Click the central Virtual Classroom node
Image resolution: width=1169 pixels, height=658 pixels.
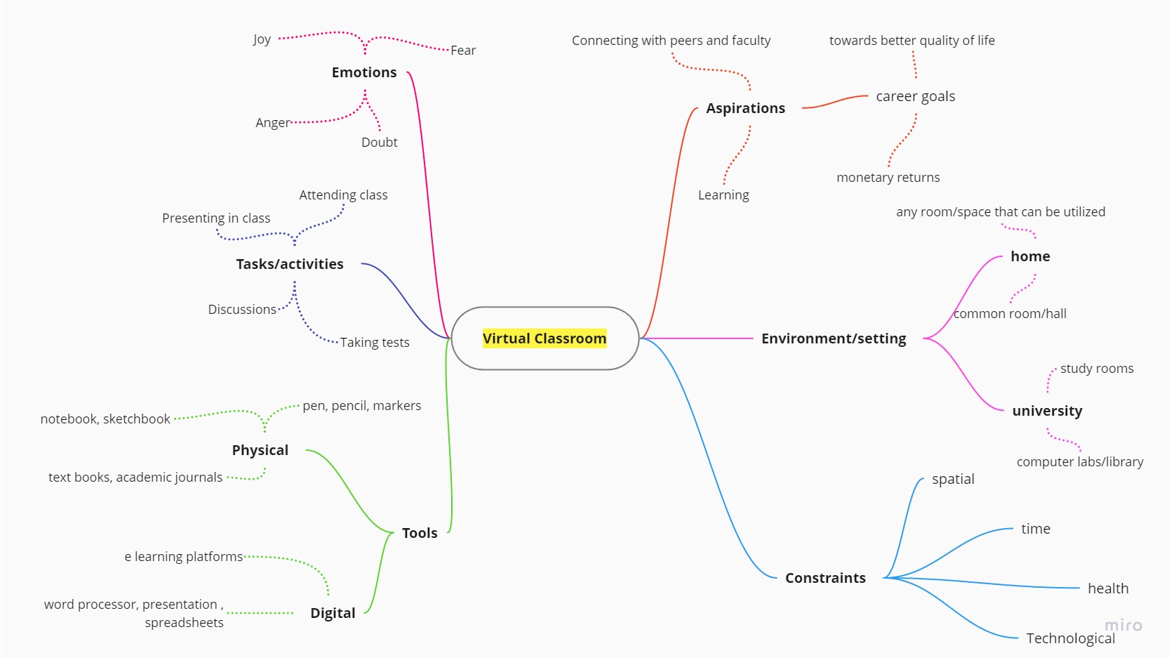(x=545, y=338)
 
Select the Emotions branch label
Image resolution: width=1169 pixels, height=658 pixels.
(x=364, y=72)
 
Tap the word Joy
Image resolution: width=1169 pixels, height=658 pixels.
(x=262, y=39)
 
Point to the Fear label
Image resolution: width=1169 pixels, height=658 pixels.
(x=463, y=51)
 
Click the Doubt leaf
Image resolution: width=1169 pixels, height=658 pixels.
(x=379, y=143)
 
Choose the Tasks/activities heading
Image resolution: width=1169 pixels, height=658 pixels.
(x=290, y=264)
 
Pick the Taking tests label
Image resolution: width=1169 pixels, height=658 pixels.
(x=375, y=343)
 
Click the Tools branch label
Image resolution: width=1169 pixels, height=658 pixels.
(x=420, y=533)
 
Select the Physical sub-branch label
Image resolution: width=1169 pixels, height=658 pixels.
(x=260, y=450)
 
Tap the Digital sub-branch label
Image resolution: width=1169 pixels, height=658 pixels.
(x=333, y=613)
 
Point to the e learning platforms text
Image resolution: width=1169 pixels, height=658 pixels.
(x=184, y=557)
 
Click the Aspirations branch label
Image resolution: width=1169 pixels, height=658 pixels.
(x=745, y=108)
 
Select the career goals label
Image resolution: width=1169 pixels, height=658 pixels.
(x=915, y=96)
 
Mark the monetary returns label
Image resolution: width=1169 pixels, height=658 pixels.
(x=888, y=178)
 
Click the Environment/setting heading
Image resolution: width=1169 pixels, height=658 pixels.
(x=834, y=338)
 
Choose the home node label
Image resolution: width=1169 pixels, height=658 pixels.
(x=1030, y=256)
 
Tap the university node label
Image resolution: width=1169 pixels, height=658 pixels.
(x=1047, y=411)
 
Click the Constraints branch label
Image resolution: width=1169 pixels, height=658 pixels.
(x=825, y=578)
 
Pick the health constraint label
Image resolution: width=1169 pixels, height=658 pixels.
(x=1108, y=588)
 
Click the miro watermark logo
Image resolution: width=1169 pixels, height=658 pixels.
(x=1123, y=625)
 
